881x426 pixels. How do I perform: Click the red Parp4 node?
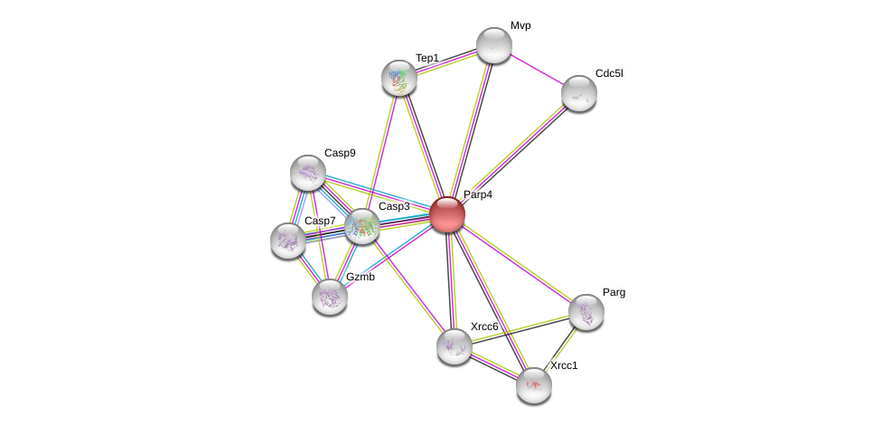click(447, 214)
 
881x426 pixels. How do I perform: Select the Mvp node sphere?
click(494, 45)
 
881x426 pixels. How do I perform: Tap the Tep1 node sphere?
click(399, 78)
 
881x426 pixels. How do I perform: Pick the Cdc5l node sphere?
click(579, 92)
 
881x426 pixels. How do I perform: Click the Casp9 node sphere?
click(308, 173)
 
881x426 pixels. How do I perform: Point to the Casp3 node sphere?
click(362, 226)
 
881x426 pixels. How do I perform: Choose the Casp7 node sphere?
click(288, 241)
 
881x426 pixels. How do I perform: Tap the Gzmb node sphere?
click(330, 296)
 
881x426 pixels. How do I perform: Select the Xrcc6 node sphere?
click(455, 346)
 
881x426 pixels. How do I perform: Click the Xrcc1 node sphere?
click(534, 385)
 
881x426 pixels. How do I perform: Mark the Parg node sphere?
click(586, 312)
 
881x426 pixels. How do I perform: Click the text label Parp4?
click(478, 194)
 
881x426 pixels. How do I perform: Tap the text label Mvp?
click(520, 25)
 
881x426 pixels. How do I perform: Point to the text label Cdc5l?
click(609, 73)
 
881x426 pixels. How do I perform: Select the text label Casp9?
click(340, 153)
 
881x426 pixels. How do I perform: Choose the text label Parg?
click(614, 292)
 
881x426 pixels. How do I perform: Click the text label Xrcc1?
click(564, 365)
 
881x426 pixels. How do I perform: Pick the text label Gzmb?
click(361, 277)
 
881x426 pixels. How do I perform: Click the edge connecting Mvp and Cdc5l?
click(537, 69)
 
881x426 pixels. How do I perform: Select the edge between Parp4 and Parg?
click(517, 263)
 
